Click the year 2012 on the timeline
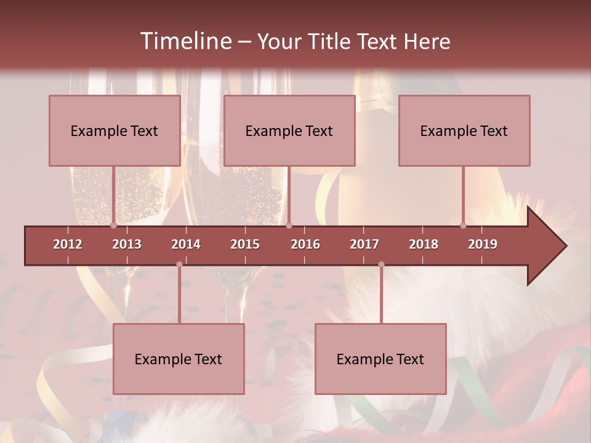coord(68,244)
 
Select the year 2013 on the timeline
coord(127,244)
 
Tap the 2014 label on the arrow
coord(186,244)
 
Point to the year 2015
coord(245,244)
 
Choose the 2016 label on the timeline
coord(305,244)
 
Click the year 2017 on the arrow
coord(364,244)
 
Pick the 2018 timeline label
coord(424,244)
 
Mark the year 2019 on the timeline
coord(483,244)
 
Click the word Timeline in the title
coord(185,41)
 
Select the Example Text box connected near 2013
coord(115,131)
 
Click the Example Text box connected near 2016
coord(289,131)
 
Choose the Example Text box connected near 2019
coord(464,131)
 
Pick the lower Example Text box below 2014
coord(179,359)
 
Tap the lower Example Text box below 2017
coord(380,359)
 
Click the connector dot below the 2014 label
coord(179,265)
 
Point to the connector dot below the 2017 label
coord(381,265)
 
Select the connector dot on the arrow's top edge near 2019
coord(464,226)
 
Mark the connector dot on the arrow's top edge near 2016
coord(289,226)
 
